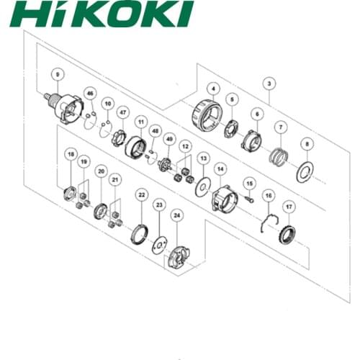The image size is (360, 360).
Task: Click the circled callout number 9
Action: tap(58, 72)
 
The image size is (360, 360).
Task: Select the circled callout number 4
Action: tap(213, 89)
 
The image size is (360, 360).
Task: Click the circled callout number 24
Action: tap(176, 215)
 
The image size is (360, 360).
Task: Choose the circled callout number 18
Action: tap(70, 154)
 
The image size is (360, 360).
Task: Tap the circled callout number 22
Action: tap(142, 194)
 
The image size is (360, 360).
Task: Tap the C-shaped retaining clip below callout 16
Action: tap(267, 223)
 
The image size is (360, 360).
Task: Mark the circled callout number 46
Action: tap(89, 94)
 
